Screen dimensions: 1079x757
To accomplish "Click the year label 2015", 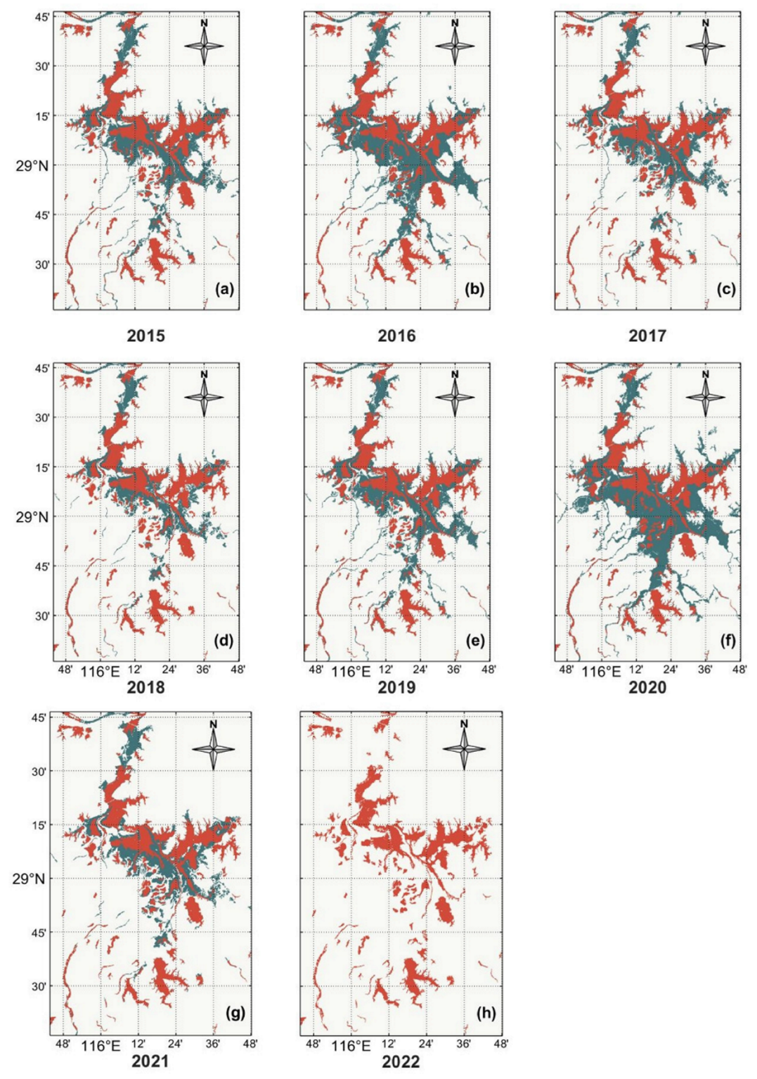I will point(146,335).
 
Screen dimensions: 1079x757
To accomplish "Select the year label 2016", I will point(396,335).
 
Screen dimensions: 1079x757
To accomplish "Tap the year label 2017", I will point(647,335).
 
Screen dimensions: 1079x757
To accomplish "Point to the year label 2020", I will point(647,687).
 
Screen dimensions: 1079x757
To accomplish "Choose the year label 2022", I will point(400,1062).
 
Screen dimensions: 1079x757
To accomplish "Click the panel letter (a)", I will point(225,289).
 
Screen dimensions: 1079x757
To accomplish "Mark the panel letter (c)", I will point(726,289).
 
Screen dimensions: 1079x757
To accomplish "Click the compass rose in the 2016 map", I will point(454,46).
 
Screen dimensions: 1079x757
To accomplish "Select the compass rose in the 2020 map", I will point(705,398).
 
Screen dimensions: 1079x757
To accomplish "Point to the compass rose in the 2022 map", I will point(464,748).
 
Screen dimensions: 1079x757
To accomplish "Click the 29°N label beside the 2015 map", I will point(32,165).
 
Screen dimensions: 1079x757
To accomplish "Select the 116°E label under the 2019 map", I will point(351,671).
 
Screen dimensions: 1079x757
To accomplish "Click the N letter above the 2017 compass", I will point(705,23).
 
